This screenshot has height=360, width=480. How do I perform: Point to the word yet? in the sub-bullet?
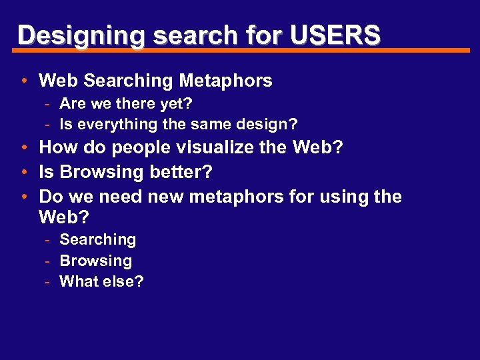[x=177, y=103]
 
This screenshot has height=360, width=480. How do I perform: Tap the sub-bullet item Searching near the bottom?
[x=98, y=239]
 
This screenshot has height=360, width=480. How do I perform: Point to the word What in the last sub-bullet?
[x=79, y=281]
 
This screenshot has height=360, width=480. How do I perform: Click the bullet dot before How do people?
[x=23, y=147]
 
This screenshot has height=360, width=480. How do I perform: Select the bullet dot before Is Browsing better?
[x=23, y=172]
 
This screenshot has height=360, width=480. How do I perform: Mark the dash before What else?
[x=49, y=282]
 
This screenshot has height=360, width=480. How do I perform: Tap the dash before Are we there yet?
[x=49, y=104]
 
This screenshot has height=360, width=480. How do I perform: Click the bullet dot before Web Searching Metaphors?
[x=23, y=81]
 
